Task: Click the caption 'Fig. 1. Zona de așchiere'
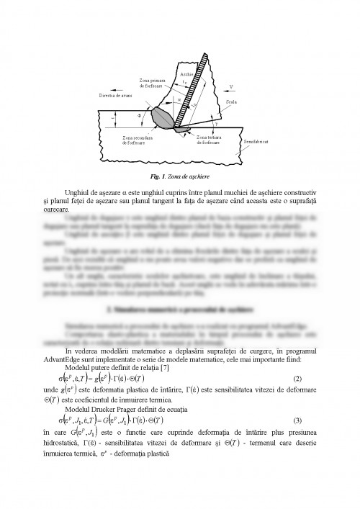click(180, 175)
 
